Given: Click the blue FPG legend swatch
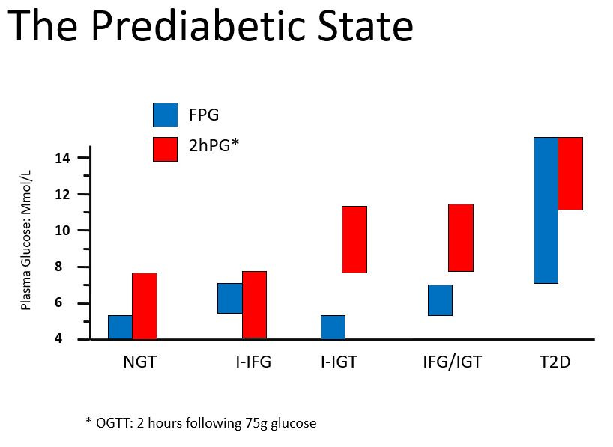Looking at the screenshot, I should [165, 115].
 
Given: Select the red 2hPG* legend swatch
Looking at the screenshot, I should [165, 148].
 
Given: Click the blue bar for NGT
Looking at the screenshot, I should [120, 327].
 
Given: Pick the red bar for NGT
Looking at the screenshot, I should [145, 305].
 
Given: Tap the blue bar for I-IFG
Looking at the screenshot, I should [229, 298].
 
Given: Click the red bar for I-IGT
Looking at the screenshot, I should [354, 240].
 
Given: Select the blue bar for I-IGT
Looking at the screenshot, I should [333, 327].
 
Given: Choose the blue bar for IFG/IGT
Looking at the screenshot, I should [440, 300].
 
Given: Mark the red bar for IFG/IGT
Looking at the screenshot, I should [460, 237].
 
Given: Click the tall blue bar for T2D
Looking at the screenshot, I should [546, 210].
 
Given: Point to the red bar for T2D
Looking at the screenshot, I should [570, 174].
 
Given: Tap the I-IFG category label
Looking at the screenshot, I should [253, 363].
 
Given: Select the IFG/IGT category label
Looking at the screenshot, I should [452, 363].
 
